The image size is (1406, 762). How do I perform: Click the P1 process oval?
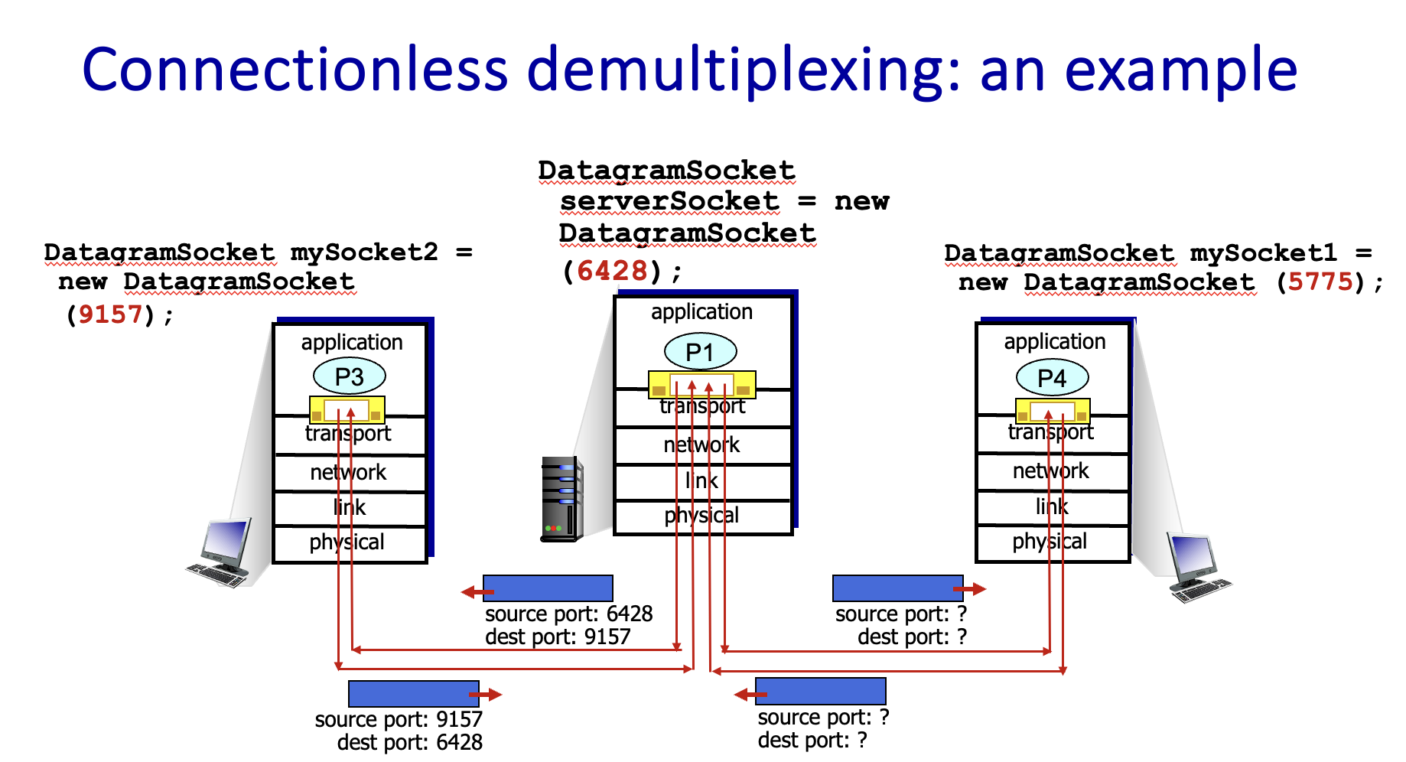[700, 352]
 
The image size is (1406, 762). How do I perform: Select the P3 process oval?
[349, 376]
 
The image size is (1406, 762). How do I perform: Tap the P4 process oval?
[1052, 378]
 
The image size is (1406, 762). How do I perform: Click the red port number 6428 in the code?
[612, 270]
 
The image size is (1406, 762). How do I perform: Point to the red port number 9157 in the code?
[110, 314]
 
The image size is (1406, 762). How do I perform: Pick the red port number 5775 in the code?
[1320, 282]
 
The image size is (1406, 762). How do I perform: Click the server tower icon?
[562, 499]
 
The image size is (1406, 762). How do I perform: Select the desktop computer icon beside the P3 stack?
[221, 552]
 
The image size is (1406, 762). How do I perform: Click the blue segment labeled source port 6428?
[548, 588]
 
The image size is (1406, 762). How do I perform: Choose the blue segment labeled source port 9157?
[413, 694]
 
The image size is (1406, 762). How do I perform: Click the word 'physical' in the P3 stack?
[347, 542]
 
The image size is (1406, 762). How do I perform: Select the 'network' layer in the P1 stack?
[701, 444]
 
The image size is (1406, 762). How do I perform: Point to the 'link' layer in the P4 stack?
[1052, 506]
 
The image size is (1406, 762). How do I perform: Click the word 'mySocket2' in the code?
[364, 252]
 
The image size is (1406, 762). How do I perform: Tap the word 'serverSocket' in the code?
[669, 201]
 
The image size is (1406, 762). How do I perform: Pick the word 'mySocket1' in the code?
[1263, 252]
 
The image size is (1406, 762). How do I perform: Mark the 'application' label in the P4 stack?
[1055, 341]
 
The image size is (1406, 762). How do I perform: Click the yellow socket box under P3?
[347, 410]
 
